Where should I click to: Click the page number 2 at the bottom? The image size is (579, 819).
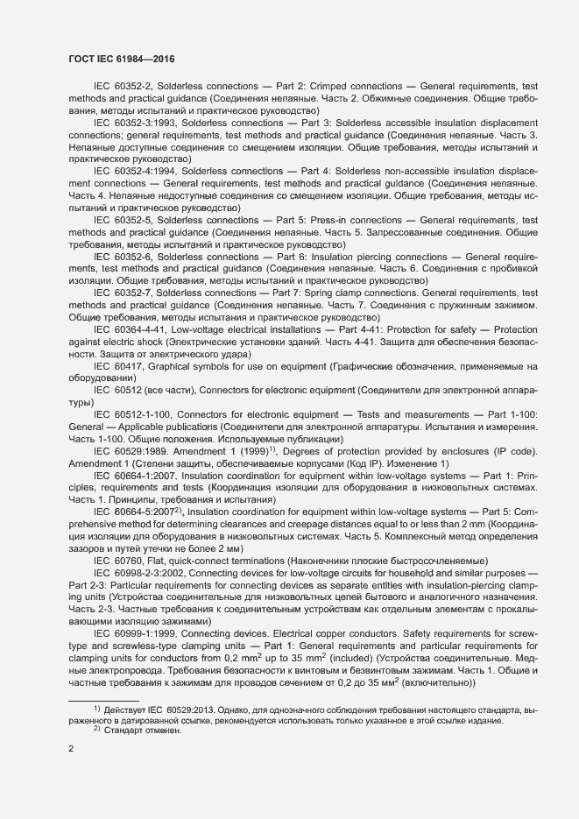click(x=70, y=750)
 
